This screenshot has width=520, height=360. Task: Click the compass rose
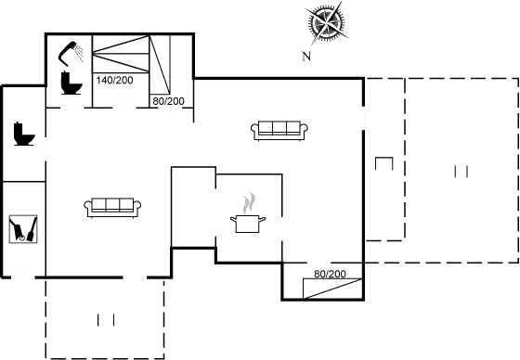pos(326,24)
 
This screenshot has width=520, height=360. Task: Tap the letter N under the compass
pos(305,57)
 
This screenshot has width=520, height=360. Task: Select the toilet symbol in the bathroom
pos(68,84)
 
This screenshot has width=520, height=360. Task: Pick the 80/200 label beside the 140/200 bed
pos(168,98)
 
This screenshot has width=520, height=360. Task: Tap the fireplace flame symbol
pos(247,202)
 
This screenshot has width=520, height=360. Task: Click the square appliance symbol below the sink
pos(22,228)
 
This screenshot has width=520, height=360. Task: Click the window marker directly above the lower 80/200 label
pos(319,264)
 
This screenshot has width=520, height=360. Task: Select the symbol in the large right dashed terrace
pos(458,172)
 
